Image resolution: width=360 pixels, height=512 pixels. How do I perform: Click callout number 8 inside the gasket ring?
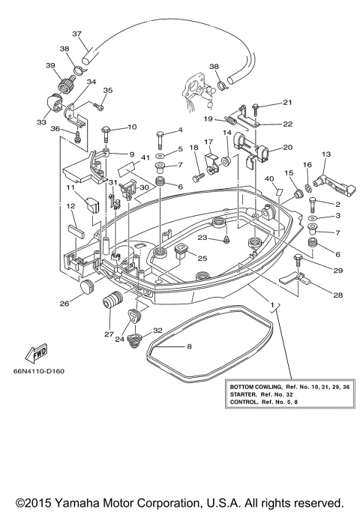point(188,346)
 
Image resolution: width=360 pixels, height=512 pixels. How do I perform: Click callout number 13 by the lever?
point(325,154)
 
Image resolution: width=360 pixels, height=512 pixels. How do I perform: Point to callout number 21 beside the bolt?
point(286,103)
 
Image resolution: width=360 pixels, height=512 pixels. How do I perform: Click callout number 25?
point(202,258)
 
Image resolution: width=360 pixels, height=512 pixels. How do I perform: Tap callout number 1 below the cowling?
point(274,306)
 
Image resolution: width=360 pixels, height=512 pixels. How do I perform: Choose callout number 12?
point(70,206)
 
